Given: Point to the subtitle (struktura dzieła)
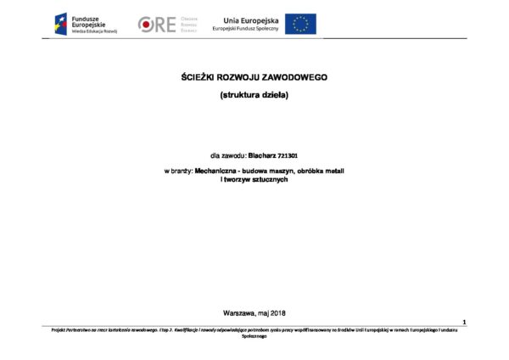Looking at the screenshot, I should point(255,94).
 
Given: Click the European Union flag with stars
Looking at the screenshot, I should point(300,24).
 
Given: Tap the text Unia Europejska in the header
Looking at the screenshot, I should point(250,19).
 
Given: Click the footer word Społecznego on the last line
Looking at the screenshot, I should point(255,335).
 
